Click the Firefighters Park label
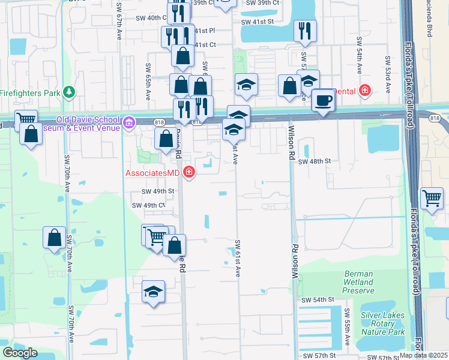click(x=30, y=93)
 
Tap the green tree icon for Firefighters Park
click(x=70, y=92)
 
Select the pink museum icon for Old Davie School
click(x=128, y=123)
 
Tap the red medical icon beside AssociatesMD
click(x=190, y=173)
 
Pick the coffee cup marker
click(x=323, y=100)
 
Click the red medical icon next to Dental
click(x=364, y=91)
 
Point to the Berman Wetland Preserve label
click(x=358, y=282)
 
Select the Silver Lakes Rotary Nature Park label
click(x=383, y=323)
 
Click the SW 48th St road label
click(x=315, y=161)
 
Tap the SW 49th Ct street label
click(x=148, y=205)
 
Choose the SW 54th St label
click(x=317, y=299)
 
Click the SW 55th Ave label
click(x=348, y=327)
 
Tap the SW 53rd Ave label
click(x=387, y=74)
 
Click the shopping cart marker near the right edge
click(x=432, y=197)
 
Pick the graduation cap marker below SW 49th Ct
click(x=154, y=292)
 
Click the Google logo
click(x=20, y=352)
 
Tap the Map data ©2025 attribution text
click(x=423, y=355)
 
